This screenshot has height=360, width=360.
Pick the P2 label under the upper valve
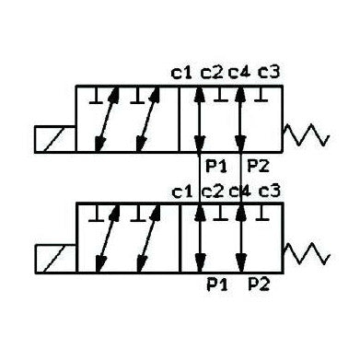coord(258,167)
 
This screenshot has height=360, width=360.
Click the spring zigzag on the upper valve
coord(306,135)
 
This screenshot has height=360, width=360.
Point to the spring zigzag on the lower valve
coord(306,250)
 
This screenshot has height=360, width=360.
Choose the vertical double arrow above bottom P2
coord(242,237)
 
